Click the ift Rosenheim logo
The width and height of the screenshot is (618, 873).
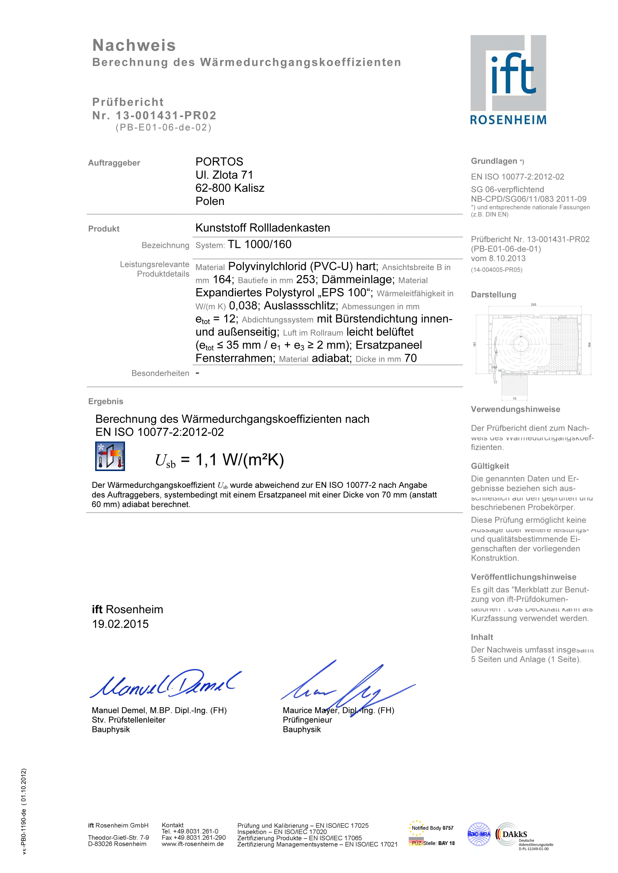(508, 80)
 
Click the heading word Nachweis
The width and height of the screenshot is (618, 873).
(134, 45)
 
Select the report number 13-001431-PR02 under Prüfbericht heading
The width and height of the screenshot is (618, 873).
(166, 115)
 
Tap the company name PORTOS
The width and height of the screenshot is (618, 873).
(219, 162)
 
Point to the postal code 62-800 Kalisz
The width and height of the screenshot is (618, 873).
(230, 188)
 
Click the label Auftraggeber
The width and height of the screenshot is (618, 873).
(114, 163)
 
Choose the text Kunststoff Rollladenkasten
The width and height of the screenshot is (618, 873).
(263, 228)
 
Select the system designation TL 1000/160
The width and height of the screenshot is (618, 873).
(259, 244)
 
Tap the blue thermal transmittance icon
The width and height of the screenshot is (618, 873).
(110, 456)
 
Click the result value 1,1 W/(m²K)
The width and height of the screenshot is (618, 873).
(240, 460)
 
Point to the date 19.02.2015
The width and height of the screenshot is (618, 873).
(120, 624)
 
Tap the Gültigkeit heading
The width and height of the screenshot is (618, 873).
(490, 466)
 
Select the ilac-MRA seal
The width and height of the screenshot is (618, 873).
(479, 834)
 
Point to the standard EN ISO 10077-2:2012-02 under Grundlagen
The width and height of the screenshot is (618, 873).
(517, 177)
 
